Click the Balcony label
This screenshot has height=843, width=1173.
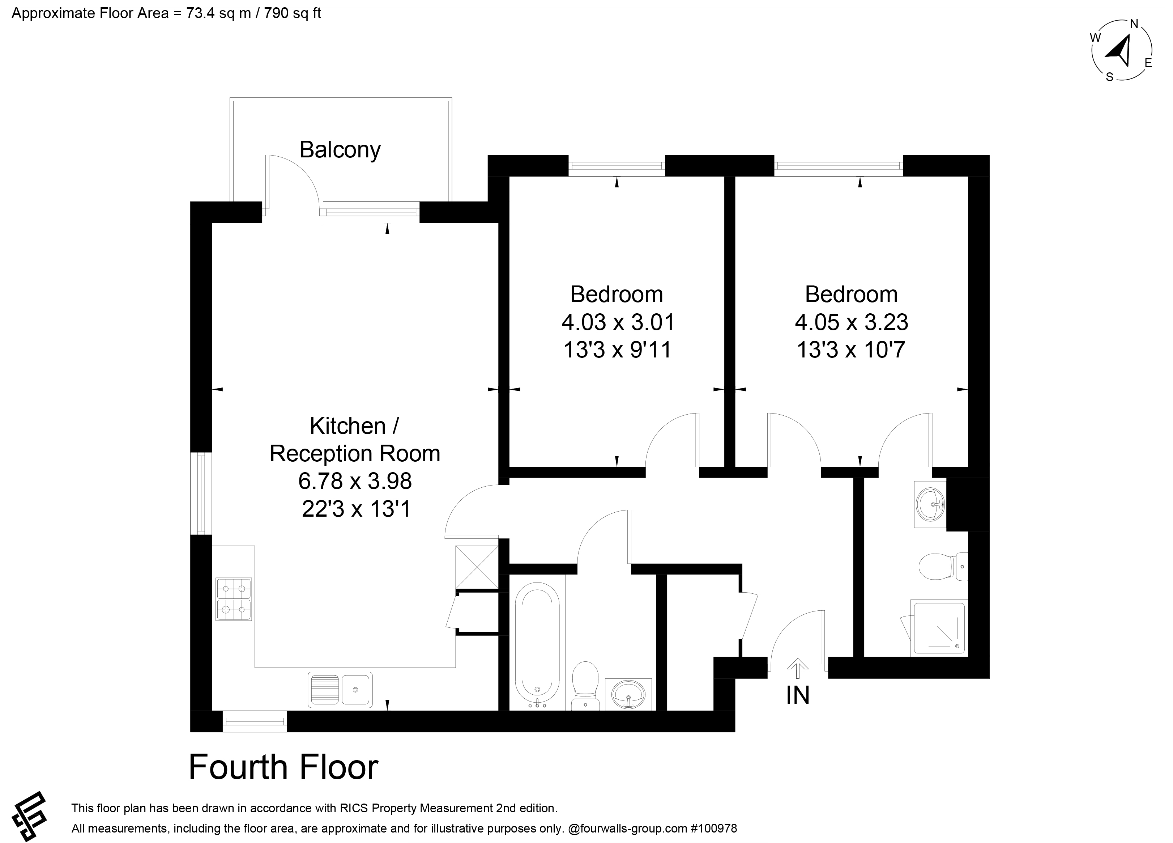click(x=340, y=150)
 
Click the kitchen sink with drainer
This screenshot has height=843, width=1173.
click(x=340, y=689)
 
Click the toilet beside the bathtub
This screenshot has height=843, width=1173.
click(x=585, y=686)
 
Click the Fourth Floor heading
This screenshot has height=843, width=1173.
click(x=283, y=767)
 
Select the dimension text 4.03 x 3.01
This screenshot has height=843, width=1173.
click(x=618, y=322)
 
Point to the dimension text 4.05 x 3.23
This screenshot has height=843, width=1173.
click(x=851, y=322)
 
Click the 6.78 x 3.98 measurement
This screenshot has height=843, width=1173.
click(x=355, y=481)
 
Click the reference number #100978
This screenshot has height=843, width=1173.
click(x=714, y=828)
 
